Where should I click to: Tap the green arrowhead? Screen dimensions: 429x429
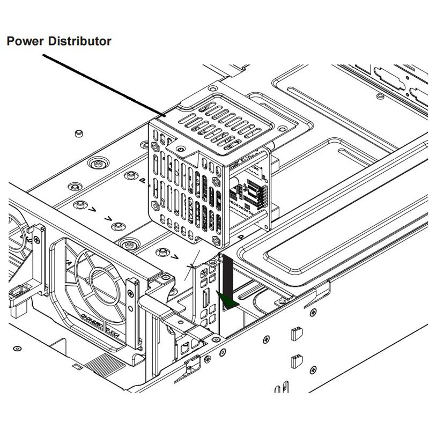click(228, 302)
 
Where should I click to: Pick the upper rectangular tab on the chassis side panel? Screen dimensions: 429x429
click(294, 334)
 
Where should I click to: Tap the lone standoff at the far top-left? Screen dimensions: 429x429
click(79, 132)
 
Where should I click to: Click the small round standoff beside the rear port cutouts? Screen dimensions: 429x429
click(380, 96)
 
